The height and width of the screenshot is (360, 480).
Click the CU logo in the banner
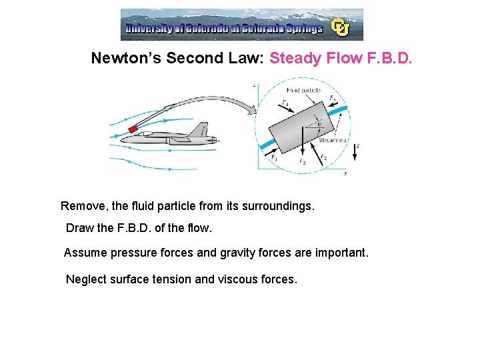[x=341, y=27]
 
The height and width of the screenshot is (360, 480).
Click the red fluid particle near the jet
[x=133, y=127]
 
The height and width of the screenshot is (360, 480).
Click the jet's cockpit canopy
[x=158, y=133]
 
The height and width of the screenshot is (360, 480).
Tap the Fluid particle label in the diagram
[x=303, y=90]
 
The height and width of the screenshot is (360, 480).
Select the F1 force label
[x=274, y=158]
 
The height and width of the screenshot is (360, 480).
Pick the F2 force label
[x=323, y=157]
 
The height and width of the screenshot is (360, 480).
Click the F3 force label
[x=302, y=161]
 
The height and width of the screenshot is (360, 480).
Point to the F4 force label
[x=285, y=103]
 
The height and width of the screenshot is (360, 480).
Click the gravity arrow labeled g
[x=355, y=152]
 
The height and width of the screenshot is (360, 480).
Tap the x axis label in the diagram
[x=345, y=173]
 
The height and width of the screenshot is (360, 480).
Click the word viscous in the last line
[x=238, y=279]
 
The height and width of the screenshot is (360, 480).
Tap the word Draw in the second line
[x=79, y=228]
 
